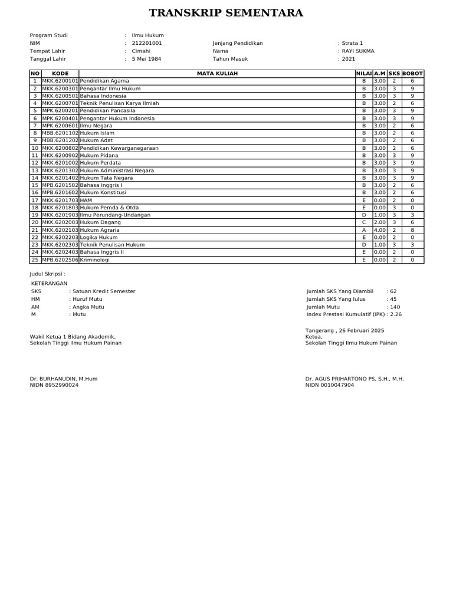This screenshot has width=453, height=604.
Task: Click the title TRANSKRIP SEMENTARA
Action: point(226,13)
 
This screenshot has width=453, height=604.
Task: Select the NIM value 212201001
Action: point(147,44)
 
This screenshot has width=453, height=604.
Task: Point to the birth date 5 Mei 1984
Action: point(147,59)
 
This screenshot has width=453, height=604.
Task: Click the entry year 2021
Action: point(349,59)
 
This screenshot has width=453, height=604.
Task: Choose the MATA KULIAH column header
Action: point(216,73)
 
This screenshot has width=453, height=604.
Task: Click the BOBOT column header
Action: point(412,73)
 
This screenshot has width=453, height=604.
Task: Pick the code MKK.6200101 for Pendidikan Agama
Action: point(60,81)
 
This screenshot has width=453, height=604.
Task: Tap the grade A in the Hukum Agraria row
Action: point(364,229)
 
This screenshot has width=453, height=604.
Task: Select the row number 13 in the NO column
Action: point(35,170)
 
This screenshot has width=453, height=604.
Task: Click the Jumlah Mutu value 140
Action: point(395,307)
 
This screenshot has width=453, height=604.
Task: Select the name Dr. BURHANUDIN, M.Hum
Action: point(64,379)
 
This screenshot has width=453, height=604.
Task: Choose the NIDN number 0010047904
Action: point(338,385)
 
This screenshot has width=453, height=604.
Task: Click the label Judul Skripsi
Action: point(47,274)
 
